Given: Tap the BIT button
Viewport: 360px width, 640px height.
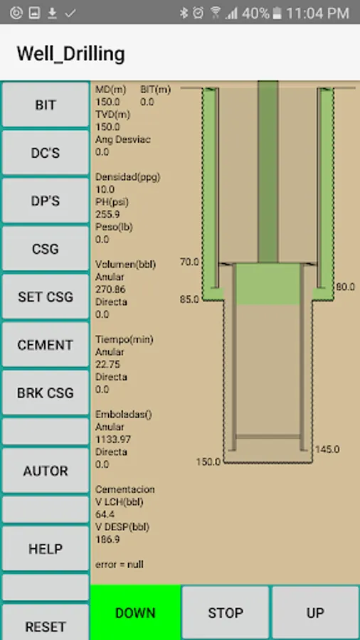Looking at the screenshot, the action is coord(46,105).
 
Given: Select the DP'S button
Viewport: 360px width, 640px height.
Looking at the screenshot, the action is coord(46,201).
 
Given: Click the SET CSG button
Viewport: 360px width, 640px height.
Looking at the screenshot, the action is coord(46,297).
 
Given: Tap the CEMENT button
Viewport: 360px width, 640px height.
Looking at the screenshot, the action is coord(46,344).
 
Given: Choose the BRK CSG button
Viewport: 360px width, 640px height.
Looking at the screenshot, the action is coord(46,393).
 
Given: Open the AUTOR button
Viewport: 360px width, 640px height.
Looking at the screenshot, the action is coord(46,471).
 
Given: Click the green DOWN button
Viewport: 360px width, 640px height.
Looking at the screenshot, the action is coord(135,612).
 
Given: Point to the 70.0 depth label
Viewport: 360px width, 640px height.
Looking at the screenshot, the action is coord(189,262).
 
